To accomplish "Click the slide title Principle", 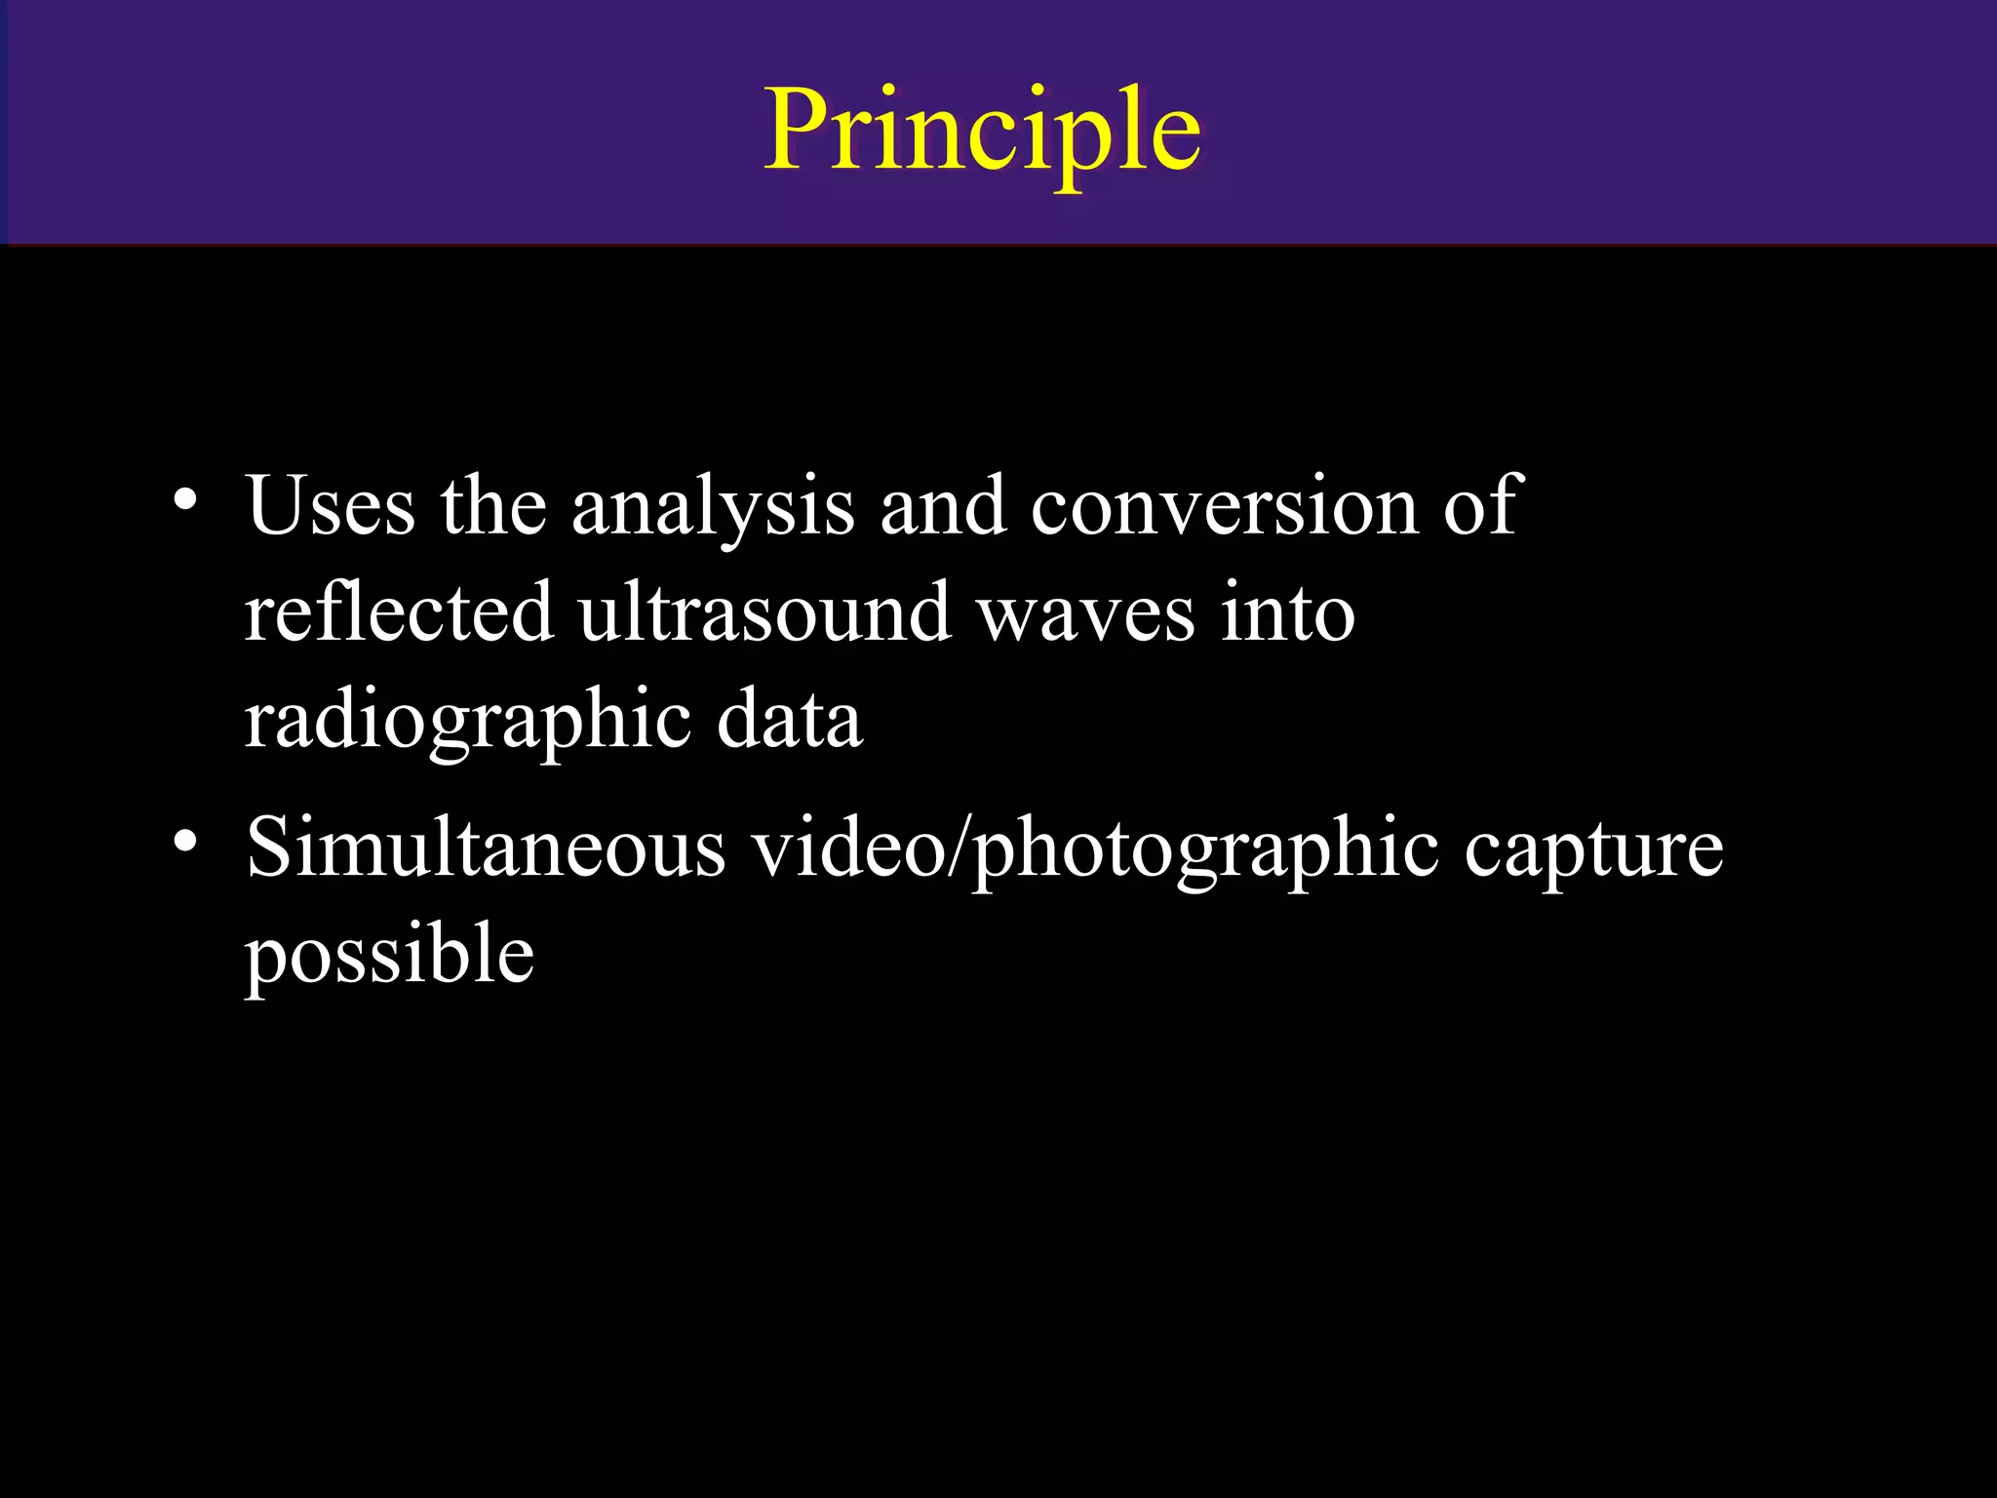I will [982, 131].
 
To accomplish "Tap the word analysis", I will [713, 507].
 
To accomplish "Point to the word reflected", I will [398, 611].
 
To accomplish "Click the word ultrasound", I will [764, 611].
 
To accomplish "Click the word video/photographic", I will [1094, 848].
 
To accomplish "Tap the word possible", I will [389, 955].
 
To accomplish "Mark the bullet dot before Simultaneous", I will [185, 841].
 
